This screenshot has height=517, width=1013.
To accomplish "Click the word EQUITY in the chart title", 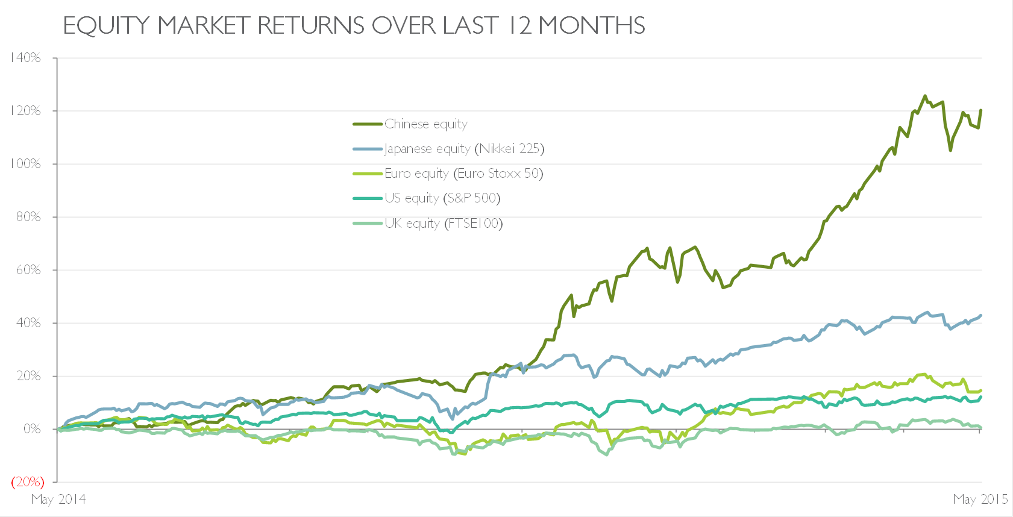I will point(106,26).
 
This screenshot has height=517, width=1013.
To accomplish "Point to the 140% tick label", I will point(25,58).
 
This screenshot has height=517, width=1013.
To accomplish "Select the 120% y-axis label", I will point(25,111).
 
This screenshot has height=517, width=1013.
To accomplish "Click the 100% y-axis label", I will point(25,164).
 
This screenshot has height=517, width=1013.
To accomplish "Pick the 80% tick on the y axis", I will point(28,217).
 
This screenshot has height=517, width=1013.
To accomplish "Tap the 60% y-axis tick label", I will point(28,270).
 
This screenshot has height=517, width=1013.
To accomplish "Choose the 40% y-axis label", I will point(28,323).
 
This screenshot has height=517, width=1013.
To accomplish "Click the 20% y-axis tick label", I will point(28,376).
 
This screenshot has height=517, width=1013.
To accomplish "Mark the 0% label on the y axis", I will point(32,429).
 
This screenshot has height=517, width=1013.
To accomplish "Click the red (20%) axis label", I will point(28,482).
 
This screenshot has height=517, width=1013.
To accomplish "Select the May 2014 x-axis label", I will point(58,500).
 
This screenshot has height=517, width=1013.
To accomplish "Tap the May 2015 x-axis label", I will point(980,500).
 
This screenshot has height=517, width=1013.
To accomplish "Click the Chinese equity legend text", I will point(426,124).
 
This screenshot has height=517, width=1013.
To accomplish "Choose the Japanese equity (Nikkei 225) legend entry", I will point(465,149).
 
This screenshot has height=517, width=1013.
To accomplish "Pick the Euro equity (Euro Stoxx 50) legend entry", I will point(464,174).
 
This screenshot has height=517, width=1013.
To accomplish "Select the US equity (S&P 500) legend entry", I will point(443,199).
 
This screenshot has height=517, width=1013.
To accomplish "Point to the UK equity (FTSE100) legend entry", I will point(444,224).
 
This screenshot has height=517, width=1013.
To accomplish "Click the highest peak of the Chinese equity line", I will point(925,96).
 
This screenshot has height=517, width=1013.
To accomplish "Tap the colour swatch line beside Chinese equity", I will point(368,124).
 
